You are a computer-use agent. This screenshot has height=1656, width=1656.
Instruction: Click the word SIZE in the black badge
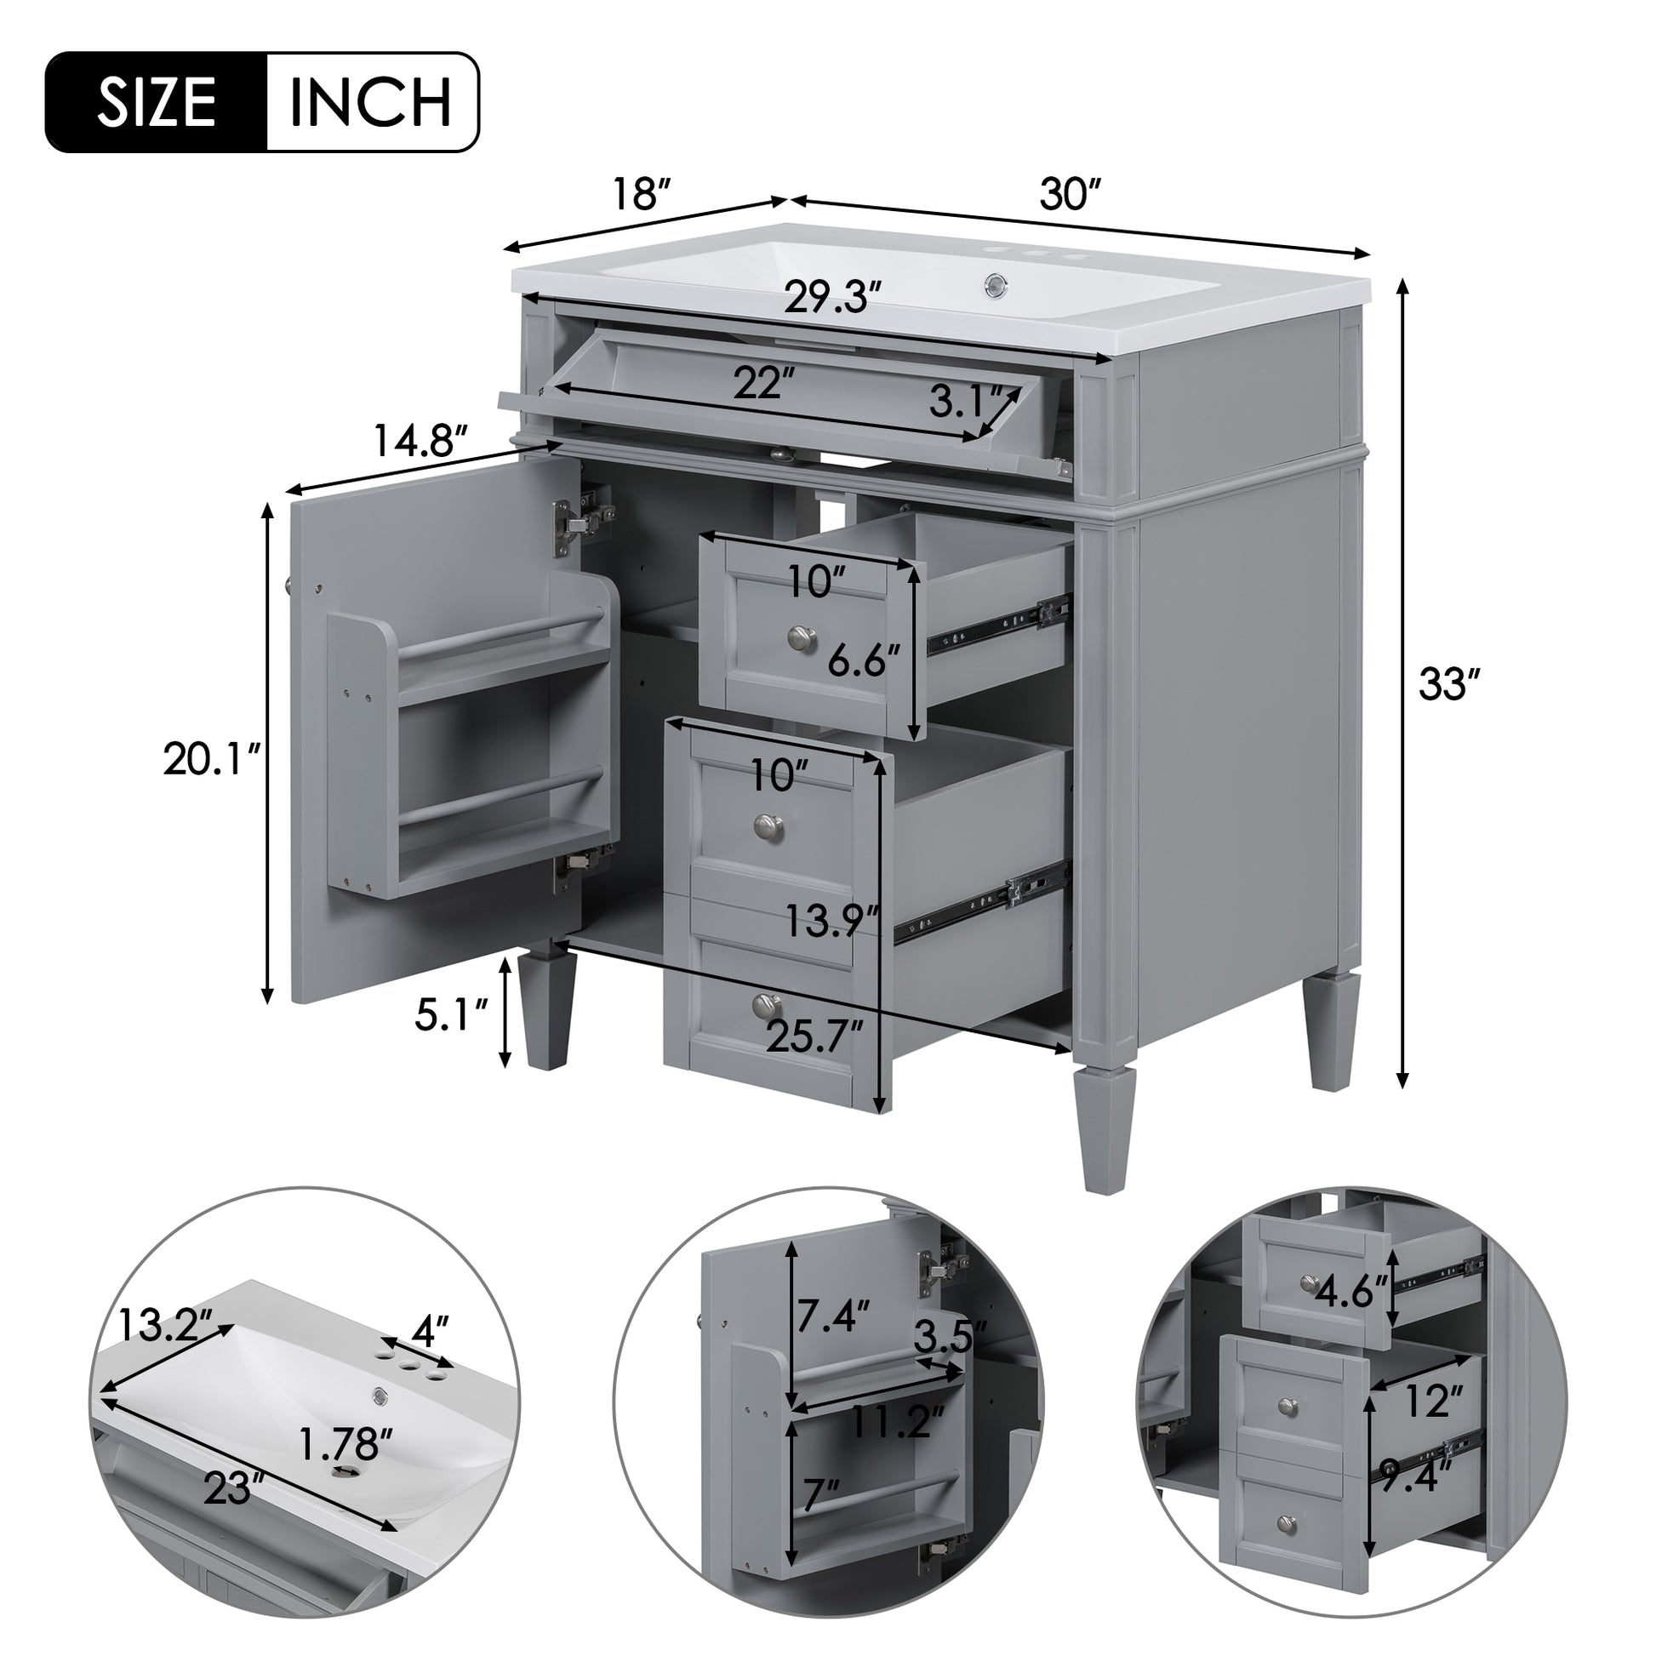pos(156,103)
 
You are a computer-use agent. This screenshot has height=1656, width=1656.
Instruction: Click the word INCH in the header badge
pos(370,103)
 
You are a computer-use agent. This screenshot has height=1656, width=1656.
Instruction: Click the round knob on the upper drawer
pos(802,636)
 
